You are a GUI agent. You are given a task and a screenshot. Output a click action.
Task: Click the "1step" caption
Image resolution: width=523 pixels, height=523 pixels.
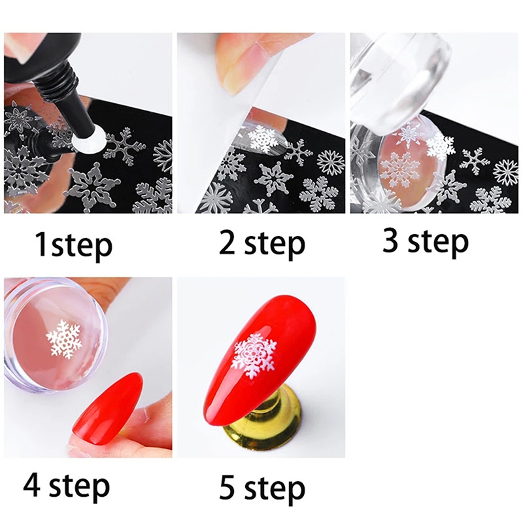pyautogui.click(x=74, y=246)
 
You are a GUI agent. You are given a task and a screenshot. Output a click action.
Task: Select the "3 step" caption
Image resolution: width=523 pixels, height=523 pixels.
pyautogui.click(x=426, y=242)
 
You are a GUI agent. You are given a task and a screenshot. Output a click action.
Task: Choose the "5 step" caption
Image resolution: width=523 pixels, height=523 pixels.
pyautogui.click(x=262, y=488)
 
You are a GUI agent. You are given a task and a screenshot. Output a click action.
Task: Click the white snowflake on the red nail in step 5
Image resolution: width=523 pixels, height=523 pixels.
pyautogui.click(x=254, y=356)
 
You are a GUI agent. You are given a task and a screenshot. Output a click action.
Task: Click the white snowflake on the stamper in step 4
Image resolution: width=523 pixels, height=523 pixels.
pyautogui.click(x=64, y=337)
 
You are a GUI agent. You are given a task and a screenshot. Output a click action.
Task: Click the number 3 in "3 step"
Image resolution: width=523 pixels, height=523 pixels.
pyautogui.click(x=390, y=240)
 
